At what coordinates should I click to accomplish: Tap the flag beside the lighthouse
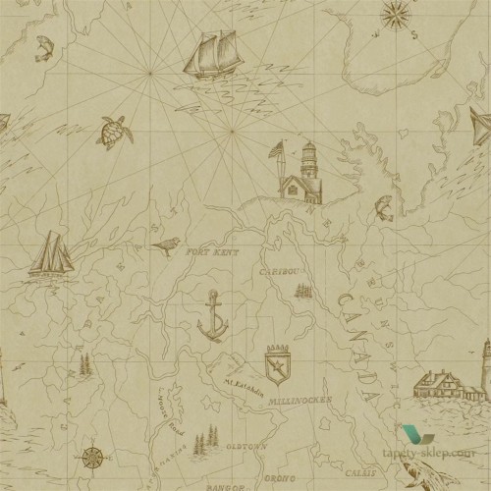pyautogui.click(x=278, y=150)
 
